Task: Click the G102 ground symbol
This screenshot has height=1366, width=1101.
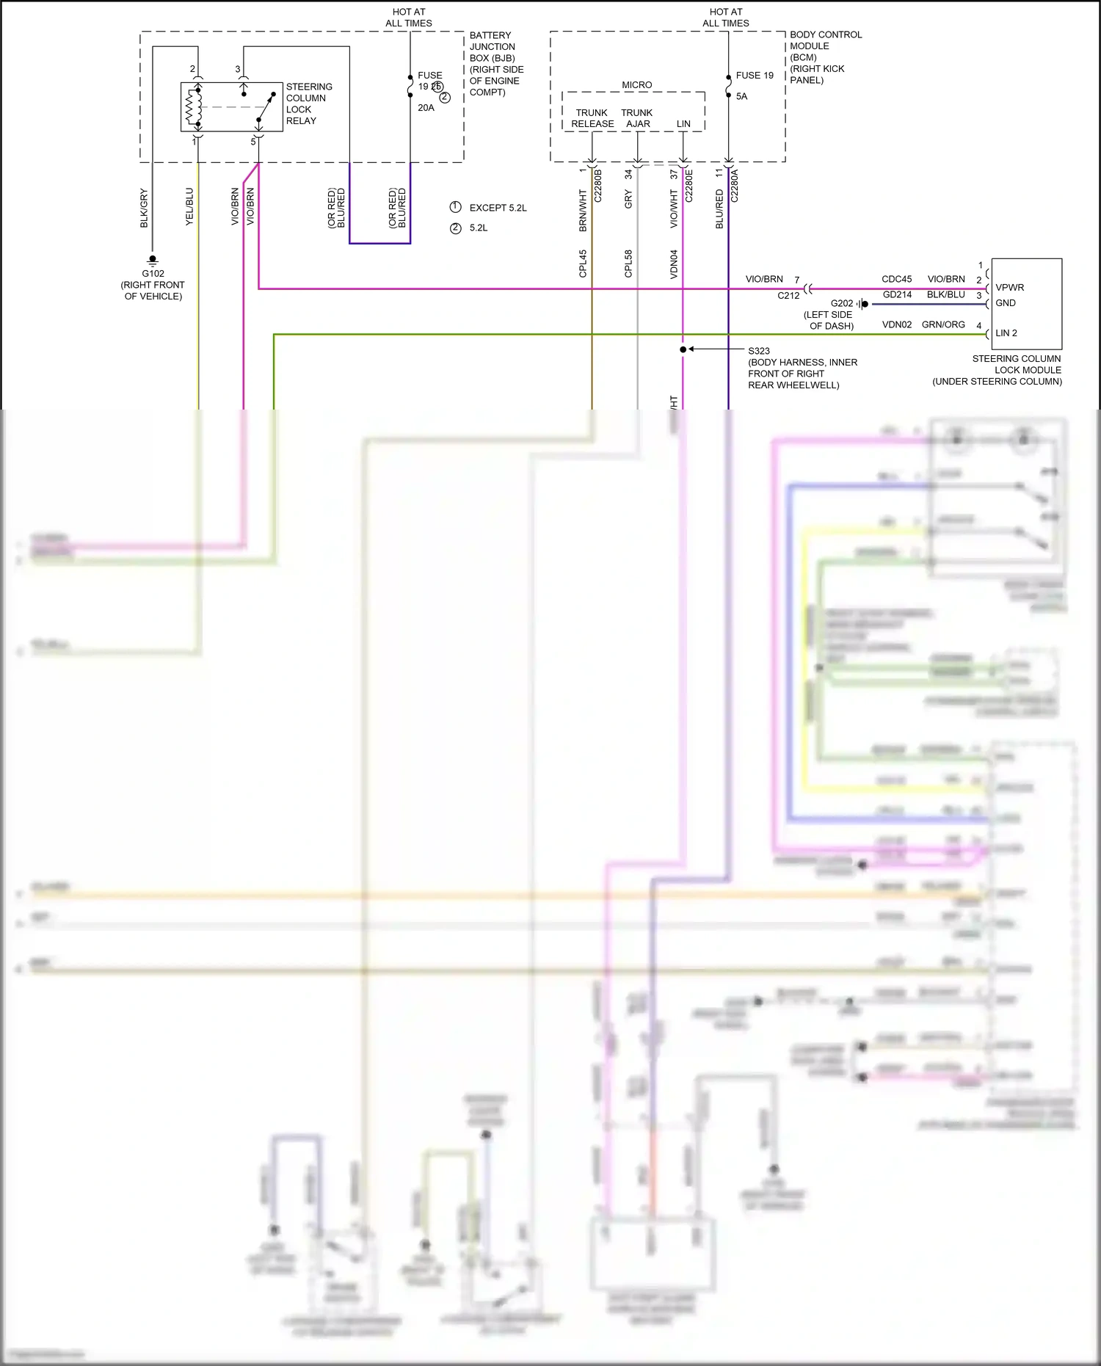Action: pos(153,260)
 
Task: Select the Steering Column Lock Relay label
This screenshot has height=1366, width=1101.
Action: pos(308,103)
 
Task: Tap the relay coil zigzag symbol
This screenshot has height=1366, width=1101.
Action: pos(193,107)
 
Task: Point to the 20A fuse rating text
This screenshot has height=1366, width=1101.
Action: pos(426,108)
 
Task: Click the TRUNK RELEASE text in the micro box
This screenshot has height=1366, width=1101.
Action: pos(592,118)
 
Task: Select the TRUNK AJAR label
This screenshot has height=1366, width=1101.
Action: pos(637,118)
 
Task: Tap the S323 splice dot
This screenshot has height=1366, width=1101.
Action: pos(683,349)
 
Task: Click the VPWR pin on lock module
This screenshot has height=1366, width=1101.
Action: pos(1009,288)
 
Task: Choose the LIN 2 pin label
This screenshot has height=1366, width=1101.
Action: pos(1006,333)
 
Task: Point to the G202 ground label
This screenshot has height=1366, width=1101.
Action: pos(841,303)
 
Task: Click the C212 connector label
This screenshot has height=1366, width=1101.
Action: pos(788,296)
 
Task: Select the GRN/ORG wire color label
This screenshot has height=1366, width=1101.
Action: pos(943,324)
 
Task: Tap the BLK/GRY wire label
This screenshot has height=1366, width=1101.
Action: pos(144,208)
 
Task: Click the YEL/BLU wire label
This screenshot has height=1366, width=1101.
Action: pos(189,206)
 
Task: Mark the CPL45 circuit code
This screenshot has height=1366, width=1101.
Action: pos(583,264)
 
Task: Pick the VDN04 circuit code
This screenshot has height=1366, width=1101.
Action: pos(674,264)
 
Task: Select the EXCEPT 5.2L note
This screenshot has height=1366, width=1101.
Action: pos(498,208)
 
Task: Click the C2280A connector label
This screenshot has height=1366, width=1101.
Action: pos(734,186)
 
